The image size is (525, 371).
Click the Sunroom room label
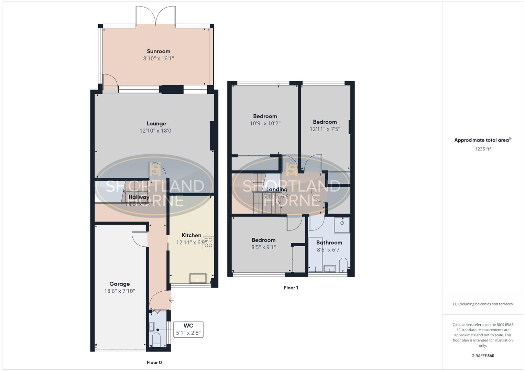click(158, 51)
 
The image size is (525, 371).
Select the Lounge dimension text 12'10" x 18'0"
click(156, 131)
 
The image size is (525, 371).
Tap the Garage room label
click(119, 284)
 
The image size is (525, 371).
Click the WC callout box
click(188, 329)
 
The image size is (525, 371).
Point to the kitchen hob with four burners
click(208, 243)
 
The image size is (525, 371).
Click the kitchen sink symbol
click(198, 278)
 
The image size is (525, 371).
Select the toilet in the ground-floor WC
click(156, 339)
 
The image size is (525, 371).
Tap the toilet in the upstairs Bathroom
click(343, 265)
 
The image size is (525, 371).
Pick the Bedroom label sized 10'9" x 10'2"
click(265, 116)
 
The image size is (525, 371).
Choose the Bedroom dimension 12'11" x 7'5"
click(325, 129)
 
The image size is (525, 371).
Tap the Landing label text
click(277, 189)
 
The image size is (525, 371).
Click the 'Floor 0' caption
click(154, 362)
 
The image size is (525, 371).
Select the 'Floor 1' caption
click(291, 288)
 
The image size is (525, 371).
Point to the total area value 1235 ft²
click(483, 149)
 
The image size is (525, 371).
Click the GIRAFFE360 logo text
click(483, 356)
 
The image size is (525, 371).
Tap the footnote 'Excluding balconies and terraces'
click(483, 304)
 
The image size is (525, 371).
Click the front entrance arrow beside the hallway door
click(171, 300)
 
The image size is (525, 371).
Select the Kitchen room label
click(191, 235)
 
